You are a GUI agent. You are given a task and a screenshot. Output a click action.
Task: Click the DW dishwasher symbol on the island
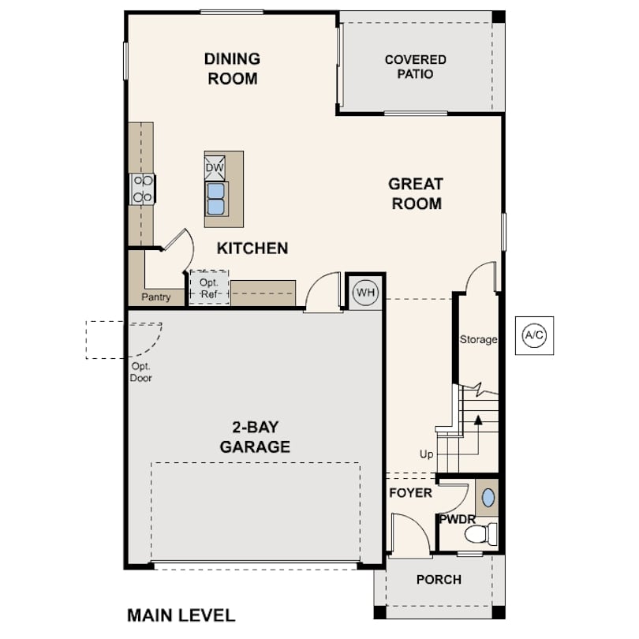[x=215, y=168]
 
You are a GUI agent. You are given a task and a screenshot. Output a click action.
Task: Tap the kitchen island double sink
[x=215, y=199]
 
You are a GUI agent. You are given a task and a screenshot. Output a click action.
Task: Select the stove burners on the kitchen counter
[x=143, y=189]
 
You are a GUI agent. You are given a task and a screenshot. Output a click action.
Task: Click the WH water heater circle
[x=365, y=292]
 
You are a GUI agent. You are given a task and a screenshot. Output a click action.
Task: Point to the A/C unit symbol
[x=534, y=335]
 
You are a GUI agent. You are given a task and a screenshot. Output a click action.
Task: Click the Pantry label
[x=156, y=297]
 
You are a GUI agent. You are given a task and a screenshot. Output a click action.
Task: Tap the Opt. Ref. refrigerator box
[x=209, y=288]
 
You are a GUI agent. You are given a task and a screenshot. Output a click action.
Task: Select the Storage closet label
[x=478, y=340]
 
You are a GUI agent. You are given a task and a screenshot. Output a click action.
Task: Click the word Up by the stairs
[x=426, y=455]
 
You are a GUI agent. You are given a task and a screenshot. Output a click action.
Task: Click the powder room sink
[x=488, y=498]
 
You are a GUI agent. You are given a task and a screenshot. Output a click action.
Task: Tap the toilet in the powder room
[x=480, y=534]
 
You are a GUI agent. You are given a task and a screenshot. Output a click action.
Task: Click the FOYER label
[x=411, y=493]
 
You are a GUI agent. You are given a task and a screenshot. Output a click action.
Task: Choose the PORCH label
[x=439, y=580]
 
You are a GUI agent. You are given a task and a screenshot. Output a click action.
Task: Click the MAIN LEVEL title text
[x=181, y=615]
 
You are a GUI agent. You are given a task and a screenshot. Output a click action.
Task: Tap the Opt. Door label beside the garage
[x=140, y=372]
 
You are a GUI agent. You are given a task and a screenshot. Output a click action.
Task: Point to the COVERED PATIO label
[x=415, y=67]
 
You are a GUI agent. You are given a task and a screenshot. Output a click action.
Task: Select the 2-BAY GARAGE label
[x=255, y=438]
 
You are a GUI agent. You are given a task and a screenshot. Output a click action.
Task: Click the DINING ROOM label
[x=232, y=69]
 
